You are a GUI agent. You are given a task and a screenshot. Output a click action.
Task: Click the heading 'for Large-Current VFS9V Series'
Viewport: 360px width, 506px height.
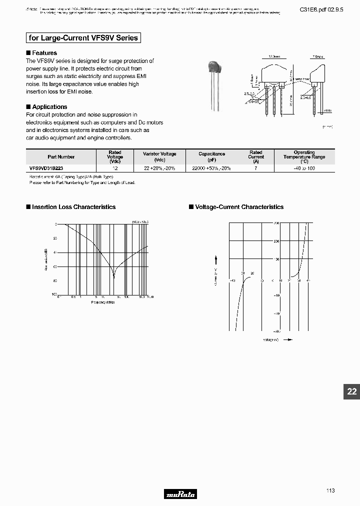(x=83, y=38)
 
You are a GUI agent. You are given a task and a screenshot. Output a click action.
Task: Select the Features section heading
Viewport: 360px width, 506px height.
(x=44, y=53)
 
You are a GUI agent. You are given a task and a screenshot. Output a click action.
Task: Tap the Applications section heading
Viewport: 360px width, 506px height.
(x=49, y=107)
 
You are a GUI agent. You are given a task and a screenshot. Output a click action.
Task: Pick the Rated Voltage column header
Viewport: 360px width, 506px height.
(x=115, y=156)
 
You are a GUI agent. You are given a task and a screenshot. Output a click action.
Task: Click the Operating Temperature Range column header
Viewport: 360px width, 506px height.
(x=304, y=156)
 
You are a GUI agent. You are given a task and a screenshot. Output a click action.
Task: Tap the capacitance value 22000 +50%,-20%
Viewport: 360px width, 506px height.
(x=211, y=169)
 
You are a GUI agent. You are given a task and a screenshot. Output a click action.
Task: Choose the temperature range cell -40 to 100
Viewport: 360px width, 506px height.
(x=304, y=169)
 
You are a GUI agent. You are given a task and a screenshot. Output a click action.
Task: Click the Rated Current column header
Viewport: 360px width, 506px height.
(x=255, y=156)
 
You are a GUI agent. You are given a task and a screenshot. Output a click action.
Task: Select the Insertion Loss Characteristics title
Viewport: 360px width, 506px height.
(x=73, y=207)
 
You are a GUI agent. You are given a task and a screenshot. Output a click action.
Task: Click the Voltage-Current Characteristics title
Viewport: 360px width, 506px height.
(x=238, y=207)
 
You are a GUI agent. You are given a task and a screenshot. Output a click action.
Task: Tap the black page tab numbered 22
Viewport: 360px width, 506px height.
(x=351, y=391)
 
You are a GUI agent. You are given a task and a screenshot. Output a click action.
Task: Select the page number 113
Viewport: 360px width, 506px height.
(x=330, y=490)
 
